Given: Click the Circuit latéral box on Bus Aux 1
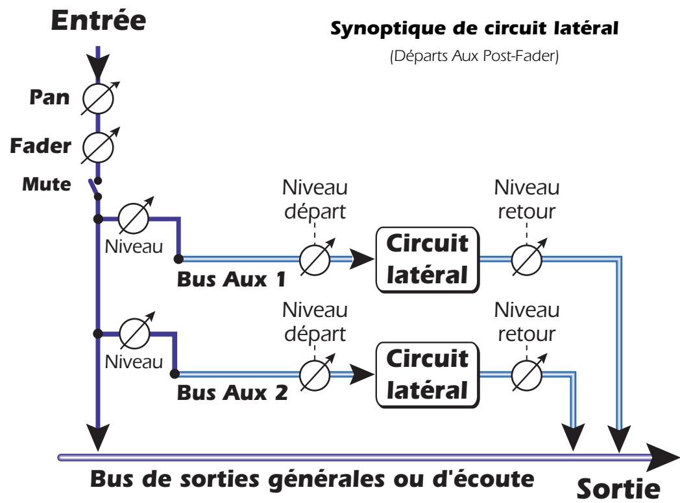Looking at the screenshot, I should click(x=427, y=259).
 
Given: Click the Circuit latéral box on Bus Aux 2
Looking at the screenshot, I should click(x=426, y=375).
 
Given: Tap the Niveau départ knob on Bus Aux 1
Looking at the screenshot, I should click(x=315, y=259).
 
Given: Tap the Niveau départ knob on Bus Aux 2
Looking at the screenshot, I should click(x=315, y=375).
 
